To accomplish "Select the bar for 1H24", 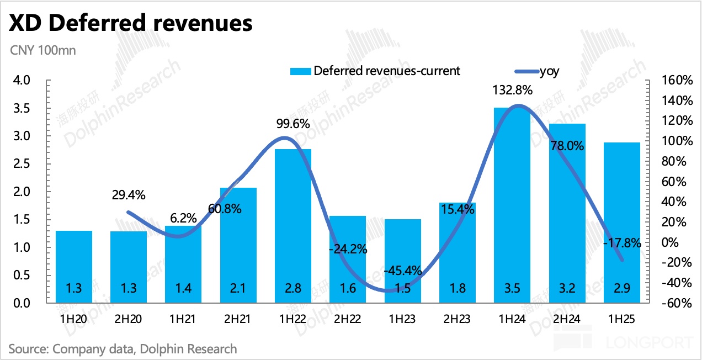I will pos(512,204).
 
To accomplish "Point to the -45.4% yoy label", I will pos(403,271).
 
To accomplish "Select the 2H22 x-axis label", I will pos(348,319).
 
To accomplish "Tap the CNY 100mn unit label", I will pos(42,50).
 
